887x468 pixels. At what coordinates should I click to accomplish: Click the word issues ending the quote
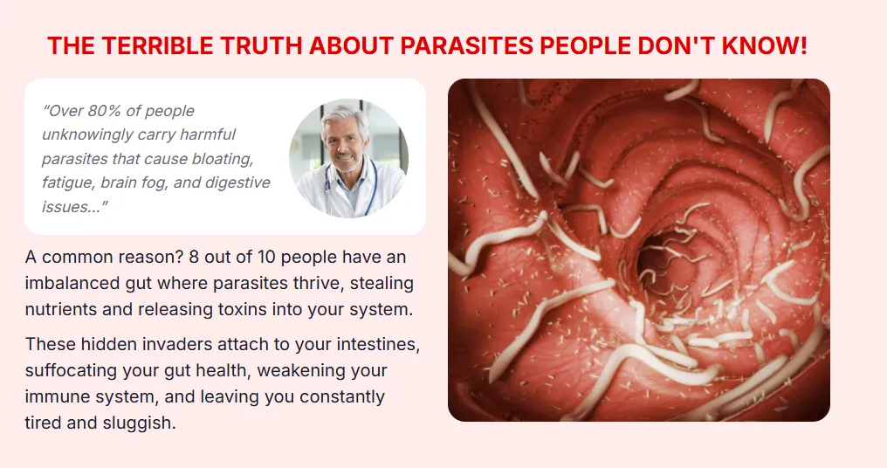pyautogui.click(x=72, y=207)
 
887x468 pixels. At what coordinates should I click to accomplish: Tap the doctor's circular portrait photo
pyautogui.click(x=348, y=158)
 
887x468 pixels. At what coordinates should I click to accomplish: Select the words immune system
pyautogui.click(x=89, y=397)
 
